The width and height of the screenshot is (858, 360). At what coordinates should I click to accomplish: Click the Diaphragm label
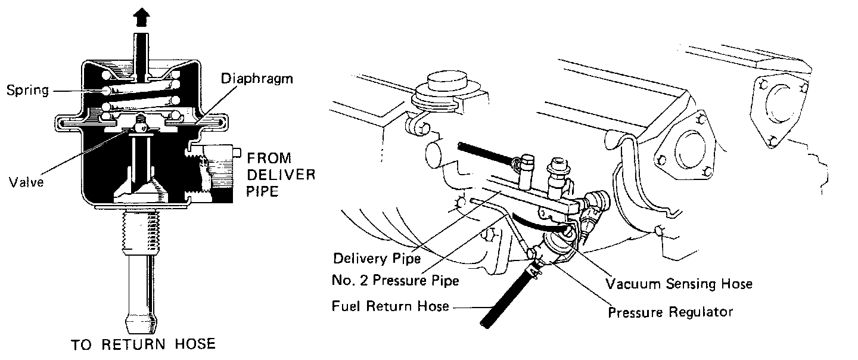coord(257,79)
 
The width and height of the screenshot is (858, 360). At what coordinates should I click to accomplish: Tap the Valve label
coord(27,182)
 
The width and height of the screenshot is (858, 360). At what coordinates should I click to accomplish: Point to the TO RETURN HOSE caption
coord(143,345)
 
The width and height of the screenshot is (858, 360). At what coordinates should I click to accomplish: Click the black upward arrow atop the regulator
coord(142,18)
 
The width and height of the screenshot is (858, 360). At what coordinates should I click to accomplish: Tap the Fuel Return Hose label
coord(390,307)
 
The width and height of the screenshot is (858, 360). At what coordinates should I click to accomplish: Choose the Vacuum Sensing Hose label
coord(679,284)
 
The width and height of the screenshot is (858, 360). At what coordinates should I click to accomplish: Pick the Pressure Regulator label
coord(670,312)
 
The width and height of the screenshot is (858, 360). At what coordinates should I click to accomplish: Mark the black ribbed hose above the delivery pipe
coord(485,154)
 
